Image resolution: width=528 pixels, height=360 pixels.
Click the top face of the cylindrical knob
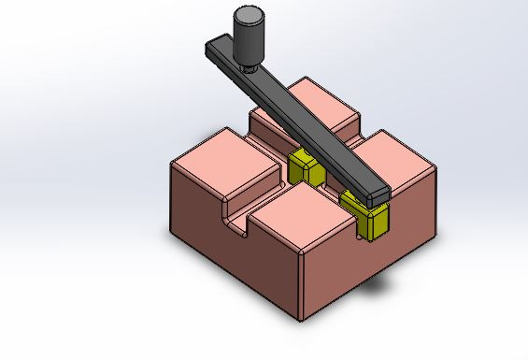249,15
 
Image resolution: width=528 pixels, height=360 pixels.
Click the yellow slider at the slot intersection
305,168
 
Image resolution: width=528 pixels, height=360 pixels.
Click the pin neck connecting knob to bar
248,65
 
